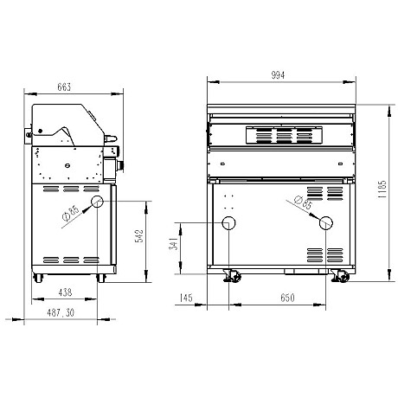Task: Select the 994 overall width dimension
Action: coord(279,75)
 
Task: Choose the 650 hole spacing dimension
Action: coord(278,298)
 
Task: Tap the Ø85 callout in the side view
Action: coord(73,214)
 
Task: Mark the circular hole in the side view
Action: coord(98,202)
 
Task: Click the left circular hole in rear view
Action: coord(229,223)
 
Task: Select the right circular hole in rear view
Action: coord(326,223)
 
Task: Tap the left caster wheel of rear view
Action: coord(231,276)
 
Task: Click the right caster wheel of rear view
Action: coord(340,276)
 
